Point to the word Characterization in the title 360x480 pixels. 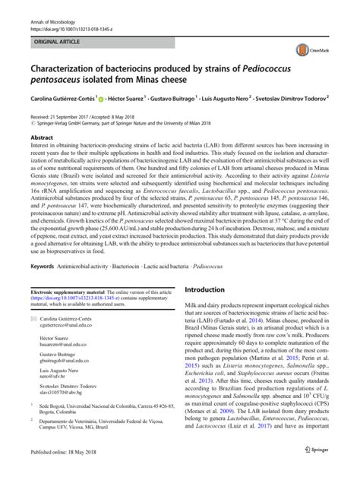[x=71, y=76]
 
